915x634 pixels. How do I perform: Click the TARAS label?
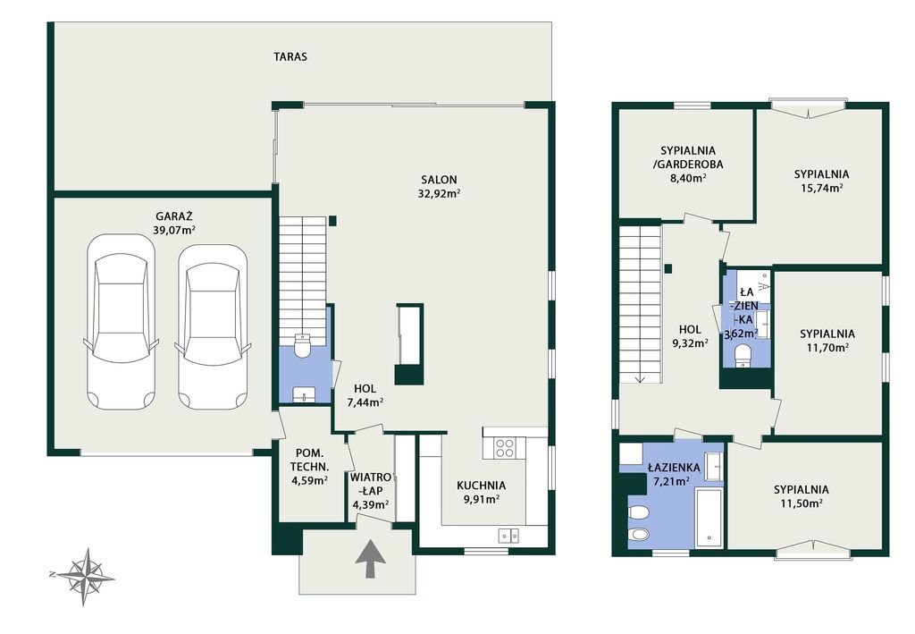290,56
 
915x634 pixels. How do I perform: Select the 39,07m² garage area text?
174,230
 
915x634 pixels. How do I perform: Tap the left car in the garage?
122,322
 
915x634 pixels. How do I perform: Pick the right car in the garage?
213,326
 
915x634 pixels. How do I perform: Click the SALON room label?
439,180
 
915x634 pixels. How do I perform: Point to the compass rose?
85,576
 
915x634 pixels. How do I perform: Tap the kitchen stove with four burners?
505,448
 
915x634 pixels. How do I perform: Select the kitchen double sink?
508,535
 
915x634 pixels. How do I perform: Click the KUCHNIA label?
481,486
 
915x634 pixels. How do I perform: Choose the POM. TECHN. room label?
309,460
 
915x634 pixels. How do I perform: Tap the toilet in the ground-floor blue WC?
302,345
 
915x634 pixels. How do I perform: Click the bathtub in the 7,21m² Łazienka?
709,518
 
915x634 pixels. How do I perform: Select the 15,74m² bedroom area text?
821,188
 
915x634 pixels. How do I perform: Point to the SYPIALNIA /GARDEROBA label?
688,157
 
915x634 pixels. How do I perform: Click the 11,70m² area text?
827,348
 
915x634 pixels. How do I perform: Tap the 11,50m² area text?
802,503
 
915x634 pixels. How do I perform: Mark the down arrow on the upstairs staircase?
640,377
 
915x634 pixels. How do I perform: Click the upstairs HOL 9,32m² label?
690,336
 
